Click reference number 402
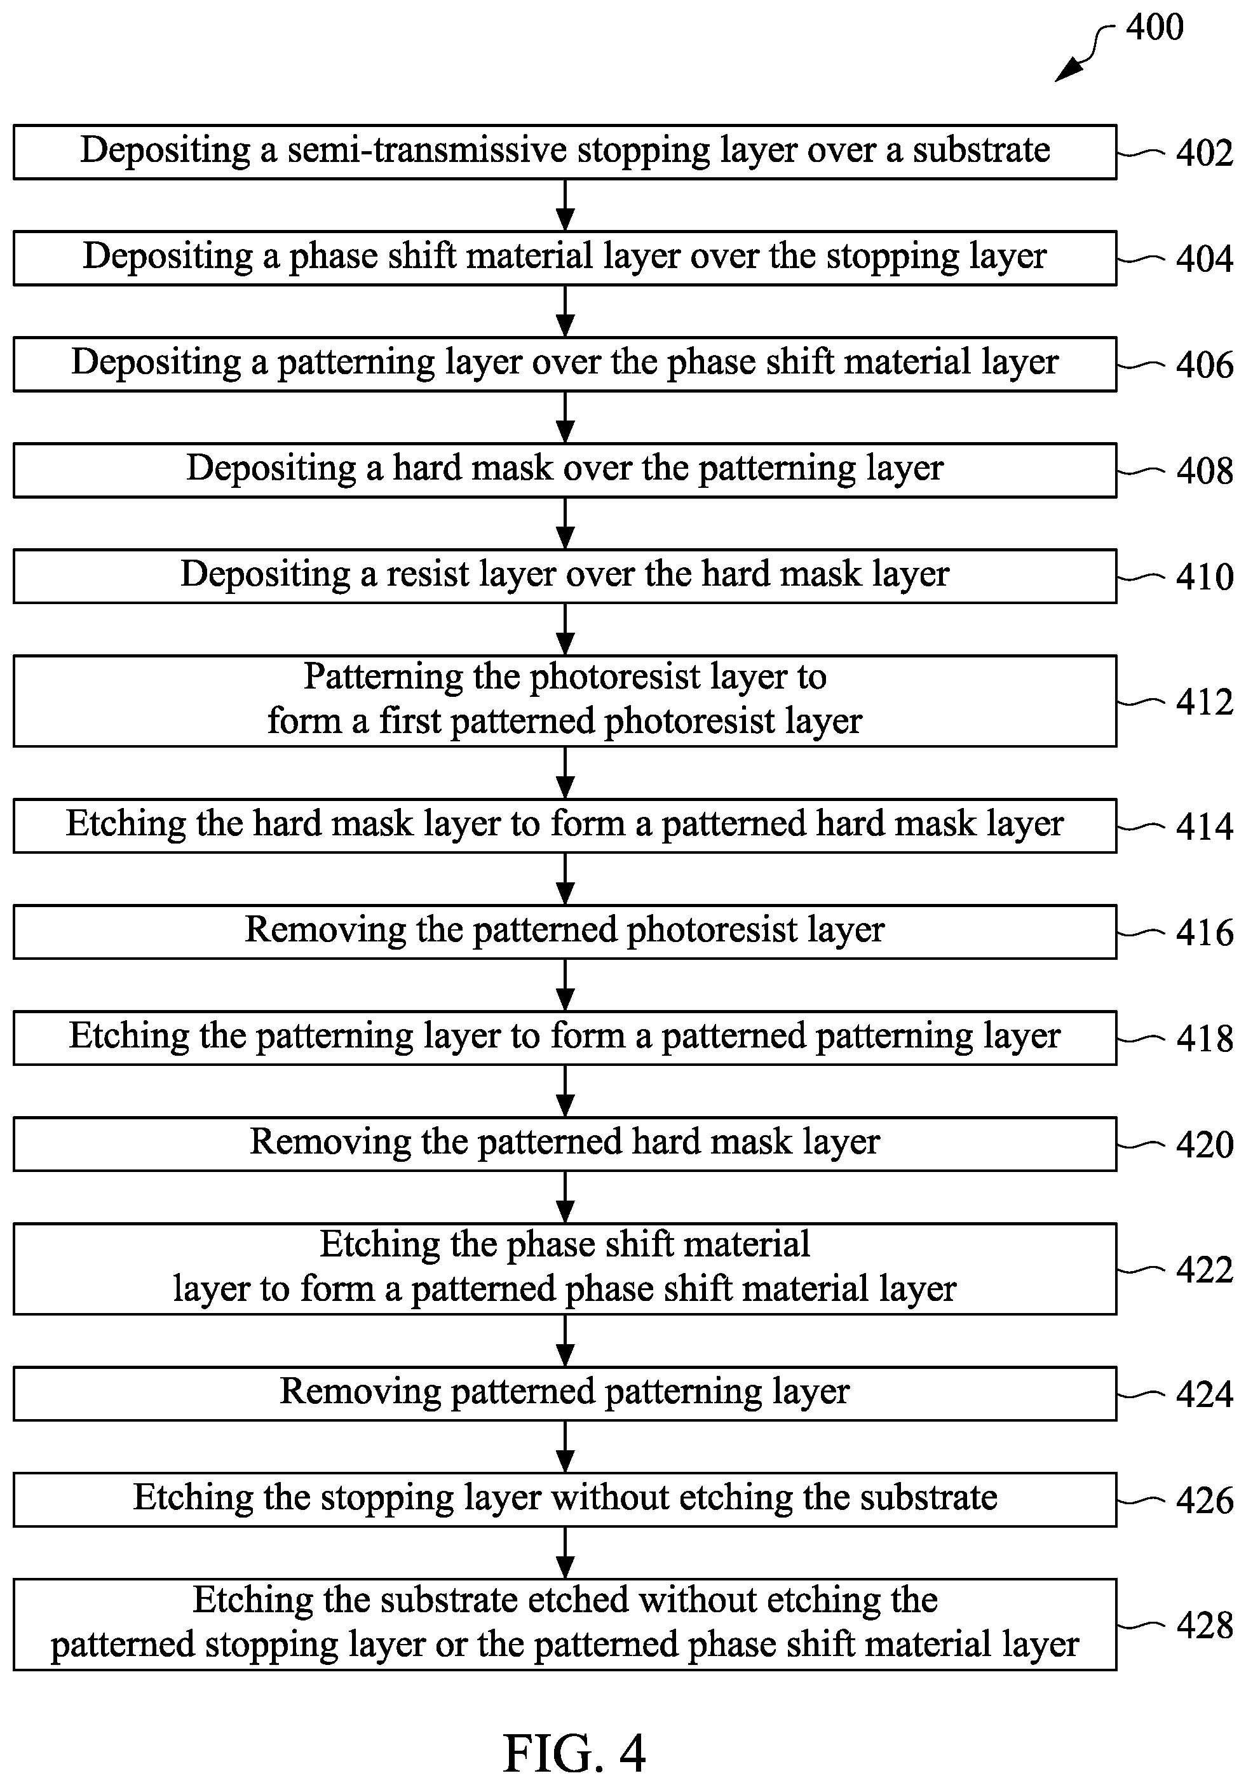(1204, 152)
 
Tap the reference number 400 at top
(1155, 27)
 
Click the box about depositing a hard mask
(565, 470)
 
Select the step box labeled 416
(565, 931)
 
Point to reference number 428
(1204, 1625)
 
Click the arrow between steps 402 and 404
(565, 205)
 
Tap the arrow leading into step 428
(565, 1553)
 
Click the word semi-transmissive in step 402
(427, 150)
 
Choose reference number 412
(1204, 702)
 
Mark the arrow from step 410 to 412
(565, 629)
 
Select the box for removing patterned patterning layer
(565, 1393)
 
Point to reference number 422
(1204, 1270)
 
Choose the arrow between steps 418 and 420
(565, 1091)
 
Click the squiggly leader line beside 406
(1141, 365)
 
